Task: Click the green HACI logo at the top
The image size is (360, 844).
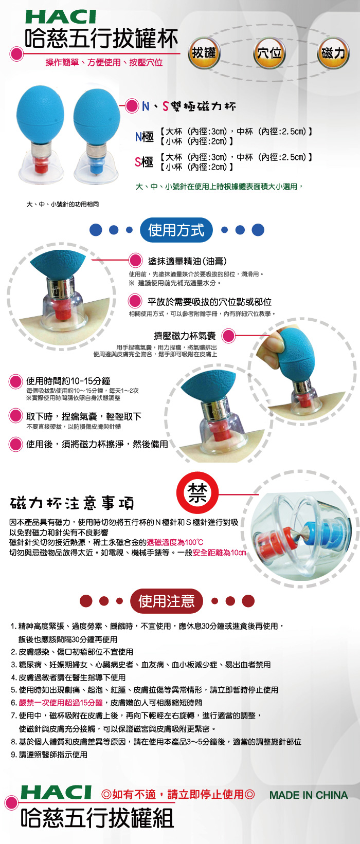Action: (x=61, y=17)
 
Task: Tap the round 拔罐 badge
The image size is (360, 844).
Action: (x=204, y=53)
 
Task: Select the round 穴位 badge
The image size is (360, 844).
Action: (x=269, y=53)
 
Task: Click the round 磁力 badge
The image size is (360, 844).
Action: (x=333, y=53)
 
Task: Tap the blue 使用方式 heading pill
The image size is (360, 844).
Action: (x=176, y=230)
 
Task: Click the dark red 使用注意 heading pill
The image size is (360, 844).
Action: (x=167, y=601)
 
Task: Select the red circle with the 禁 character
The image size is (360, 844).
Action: (x=197, y=492)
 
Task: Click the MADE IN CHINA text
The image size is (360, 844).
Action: (x=309, y=795)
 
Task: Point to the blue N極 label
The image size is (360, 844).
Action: (x=145, y=136)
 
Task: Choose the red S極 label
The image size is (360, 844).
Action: (x=144, y=162)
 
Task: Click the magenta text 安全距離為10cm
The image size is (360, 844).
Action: (x=219, y=553)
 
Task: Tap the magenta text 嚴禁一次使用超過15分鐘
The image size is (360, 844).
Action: (x=61, y=703)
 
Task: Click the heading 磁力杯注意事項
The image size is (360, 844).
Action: (x=72, y=503)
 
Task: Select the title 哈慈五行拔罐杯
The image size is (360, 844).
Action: (x=101, y=39)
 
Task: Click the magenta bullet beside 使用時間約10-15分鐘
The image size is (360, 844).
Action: (x=15, y=381)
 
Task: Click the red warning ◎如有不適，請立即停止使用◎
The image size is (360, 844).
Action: (x=178, y=795)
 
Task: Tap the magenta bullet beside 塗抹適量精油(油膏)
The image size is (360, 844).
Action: (x=135, y=261)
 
